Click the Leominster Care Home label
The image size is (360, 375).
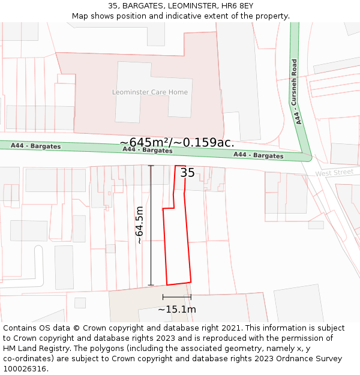coord(150,92)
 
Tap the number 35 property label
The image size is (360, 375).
coord(187,173)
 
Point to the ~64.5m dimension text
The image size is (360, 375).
coord(139,225)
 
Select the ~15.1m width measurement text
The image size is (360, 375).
coord(176,310)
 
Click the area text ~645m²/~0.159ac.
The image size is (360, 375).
coord(177,142)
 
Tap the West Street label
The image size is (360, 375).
coord(334,173)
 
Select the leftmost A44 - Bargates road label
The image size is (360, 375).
coord(35,146)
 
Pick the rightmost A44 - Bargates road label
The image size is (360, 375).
coord(258,155)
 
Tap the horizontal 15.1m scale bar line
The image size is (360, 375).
coord(176,296)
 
